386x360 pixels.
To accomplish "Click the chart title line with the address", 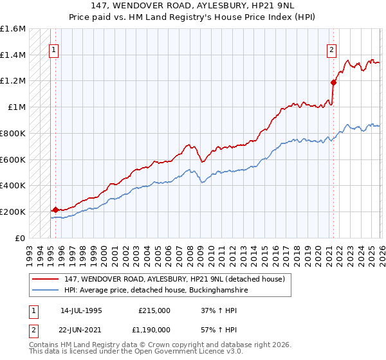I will tap(192, 6).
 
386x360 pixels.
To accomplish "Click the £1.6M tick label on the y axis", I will tap(13, 29).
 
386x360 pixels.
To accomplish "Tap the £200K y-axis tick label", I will tap(13, 212).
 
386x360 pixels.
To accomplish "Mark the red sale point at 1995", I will tap(56, 210).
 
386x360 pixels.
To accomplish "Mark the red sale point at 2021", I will tap(333, 82).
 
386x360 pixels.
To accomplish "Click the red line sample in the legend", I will tap(46, 279).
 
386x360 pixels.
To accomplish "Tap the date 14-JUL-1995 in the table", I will tap(81, 310).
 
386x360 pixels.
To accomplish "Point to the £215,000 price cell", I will tap(154, 310).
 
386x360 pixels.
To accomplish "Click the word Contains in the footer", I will tap(45, 345).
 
